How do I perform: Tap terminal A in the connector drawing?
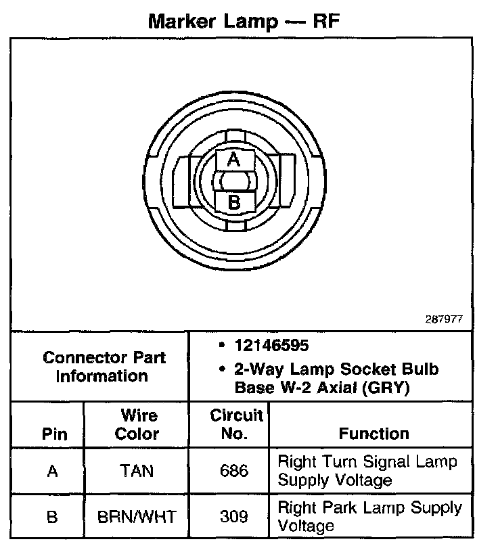pyautogui.click(x=233, y=160)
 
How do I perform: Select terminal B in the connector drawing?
pyautogui.click(x=233, y=202)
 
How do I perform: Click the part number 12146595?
pyautogui.click(x=271, y=346)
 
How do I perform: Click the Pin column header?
pyautogui.click(x=54, y=433)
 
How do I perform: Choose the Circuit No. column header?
pyautogui.click(x=235, y=424)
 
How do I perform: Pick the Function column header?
pyautogui.click(x=374, y=433)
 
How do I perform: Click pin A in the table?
pyautogui.click(x=53, y=471)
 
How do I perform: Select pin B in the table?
pyautogui.click(x=53, y=517)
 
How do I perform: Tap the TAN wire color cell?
pyautogui.click(x=137, y=471)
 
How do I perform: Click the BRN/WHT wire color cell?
pyautogui.click(x=137, y=517)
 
